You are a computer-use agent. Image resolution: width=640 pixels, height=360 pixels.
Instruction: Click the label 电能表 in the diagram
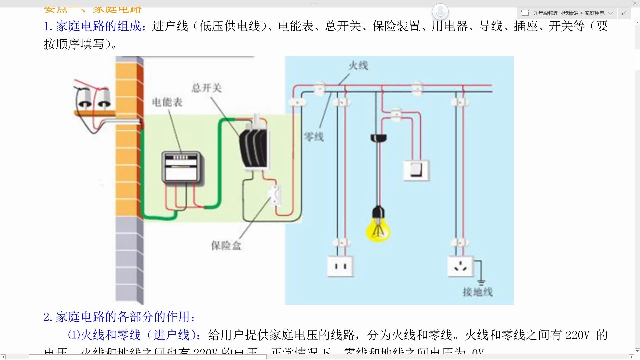167,102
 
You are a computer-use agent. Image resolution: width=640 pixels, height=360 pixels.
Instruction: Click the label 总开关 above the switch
206,88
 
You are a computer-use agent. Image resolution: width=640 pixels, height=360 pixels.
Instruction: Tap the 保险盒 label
226,246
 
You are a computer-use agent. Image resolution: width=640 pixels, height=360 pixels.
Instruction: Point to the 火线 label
358,66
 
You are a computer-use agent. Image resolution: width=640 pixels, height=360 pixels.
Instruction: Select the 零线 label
314,137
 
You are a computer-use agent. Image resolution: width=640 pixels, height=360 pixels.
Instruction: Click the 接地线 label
477,292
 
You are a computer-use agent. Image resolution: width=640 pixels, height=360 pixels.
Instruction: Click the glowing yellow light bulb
378,230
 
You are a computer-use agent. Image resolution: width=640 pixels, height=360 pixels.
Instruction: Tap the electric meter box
181,167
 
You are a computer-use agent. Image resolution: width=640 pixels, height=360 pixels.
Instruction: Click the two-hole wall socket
340,266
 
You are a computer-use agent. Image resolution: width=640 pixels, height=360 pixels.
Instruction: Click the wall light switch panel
416,170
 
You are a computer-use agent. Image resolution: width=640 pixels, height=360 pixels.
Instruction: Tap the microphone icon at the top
440,12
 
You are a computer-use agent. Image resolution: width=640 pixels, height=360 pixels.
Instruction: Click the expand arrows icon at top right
624,13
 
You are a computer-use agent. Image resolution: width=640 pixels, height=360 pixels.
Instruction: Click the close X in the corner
635,3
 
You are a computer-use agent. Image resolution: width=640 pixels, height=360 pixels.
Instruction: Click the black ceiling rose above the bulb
378,138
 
